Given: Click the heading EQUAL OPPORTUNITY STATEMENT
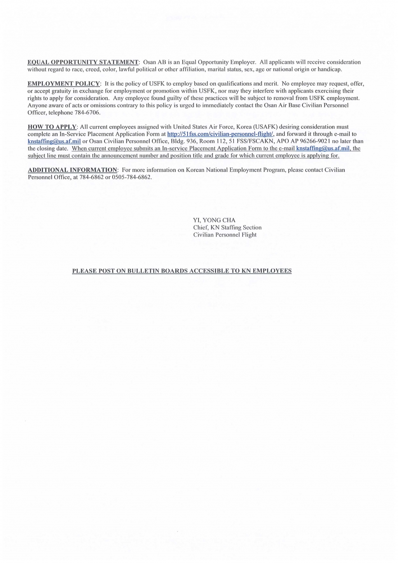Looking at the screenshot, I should tap(83, 62).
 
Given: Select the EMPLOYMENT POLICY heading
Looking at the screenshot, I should tap(64, 84).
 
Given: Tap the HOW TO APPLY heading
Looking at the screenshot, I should tap(52, 127).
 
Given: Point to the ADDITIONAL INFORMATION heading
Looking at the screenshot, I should tap(72, 170).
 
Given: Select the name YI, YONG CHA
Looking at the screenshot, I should tap(214, 220).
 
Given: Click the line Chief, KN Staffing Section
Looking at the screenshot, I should tap(227, 228).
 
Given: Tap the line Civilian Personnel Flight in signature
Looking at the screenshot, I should tap(225, 235).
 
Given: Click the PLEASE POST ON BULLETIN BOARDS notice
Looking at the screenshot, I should tap(182, 271).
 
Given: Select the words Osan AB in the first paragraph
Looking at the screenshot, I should tap(154, 62).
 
